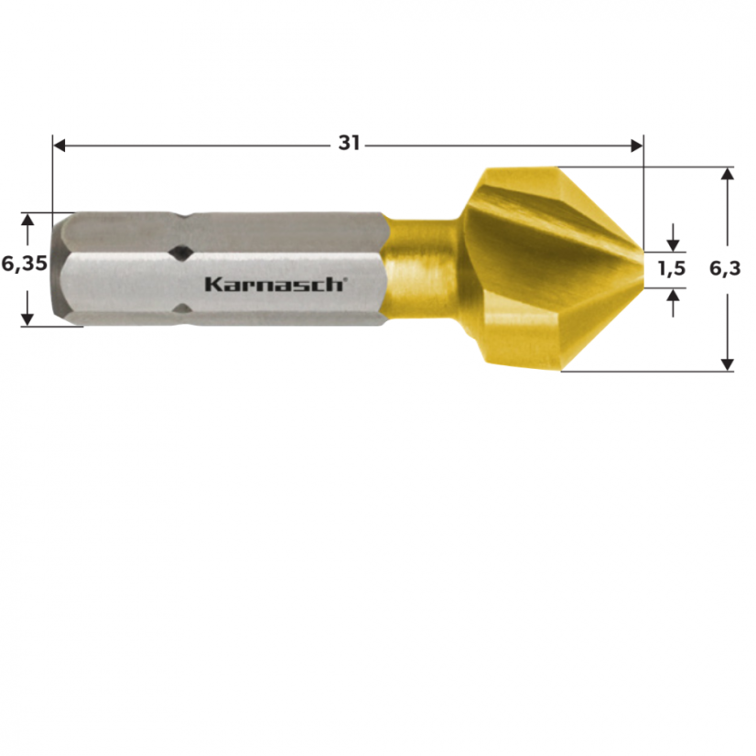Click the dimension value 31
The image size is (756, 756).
point(349,143)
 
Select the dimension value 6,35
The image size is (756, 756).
point(24,265)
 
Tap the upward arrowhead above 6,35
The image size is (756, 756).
point(27,221)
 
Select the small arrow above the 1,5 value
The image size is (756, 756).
point(674,243)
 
